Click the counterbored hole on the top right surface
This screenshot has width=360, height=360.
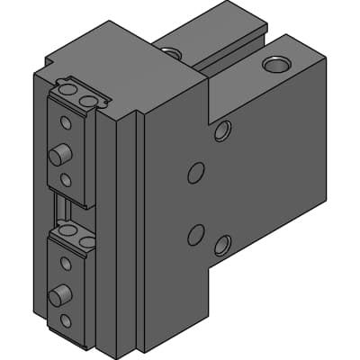(x=276, y=64)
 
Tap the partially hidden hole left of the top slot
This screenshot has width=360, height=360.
(x=173, y=54)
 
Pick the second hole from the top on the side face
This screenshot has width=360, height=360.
(x=195, y=172)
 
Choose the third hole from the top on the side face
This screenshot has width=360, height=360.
(x=195, y=235)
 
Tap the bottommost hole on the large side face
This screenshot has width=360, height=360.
(x=222, y=245)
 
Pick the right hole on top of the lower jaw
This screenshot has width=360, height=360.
(x=86, y=242)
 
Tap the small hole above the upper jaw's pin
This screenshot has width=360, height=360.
(x=65, y=122)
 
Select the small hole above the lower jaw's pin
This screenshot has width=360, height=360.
(x=65, y=264)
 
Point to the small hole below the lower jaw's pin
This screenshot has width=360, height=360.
(x=65, y=320)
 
